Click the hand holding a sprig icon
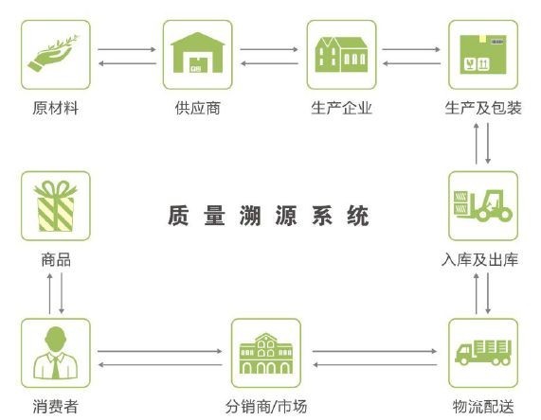tap(52, 55)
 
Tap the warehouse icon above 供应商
tap(198, 52)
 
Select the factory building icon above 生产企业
tap(341, 55)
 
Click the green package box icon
tap(483, 54)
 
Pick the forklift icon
tap(483, 205)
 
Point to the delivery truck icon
tap(483, 352)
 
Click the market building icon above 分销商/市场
tap(266, 353)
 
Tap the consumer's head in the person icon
tap(55, 339)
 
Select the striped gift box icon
tap(55, 206)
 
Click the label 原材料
tap(56, 108)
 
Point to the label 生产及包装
tap(483, 108)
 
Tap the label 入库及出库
tap(480, 260)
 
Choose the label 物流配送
tap(483, 407)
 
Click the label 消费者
tap(56, 407)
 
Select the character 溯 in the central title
tap(250, 216)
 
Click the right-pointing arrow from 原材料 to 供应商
tap(127, 49)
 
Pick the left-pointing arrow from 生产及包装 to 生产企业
tap(411, 63)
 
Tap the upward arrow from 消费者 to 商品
tap(49, 293)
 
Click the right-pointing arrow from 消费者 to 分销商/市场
tap(160, 351)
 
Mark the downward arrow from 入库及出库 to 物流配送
tap(488, 293)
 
